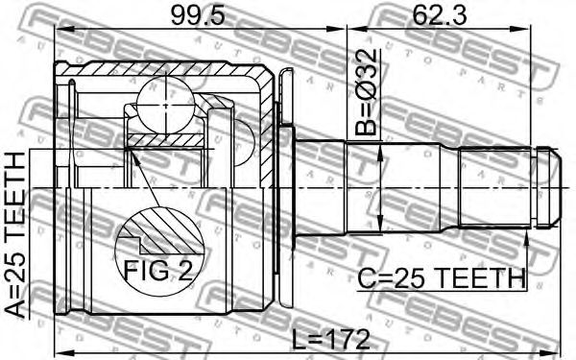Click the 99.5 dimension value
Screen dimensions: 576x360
click(x=198, y=16)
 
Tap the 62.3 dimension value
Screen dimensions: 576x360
click(x=440, y=15)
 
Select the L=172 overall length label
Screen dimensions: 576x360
click(x=330, y=339)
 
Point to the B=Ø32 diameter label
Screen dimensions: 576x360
click(x=366, y=92)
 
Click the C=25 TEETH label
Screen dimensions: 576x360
click(x=442, y=278)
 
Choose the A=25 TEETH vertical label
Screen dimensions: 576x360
click(x=15, y=235)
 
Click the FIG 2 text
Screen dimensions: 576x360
click(x=158, y=271)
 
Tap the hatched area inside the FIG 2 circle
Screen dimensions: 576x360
click(x=165, y=230)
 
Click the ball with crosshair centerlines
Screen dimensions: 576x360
click(x=166, y=106)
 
